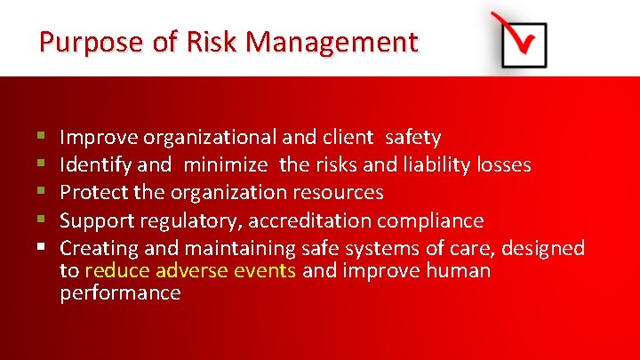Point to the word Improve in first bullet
coord(99,138)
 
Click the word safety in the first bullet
coord(412,138)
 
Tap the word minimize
coord(228,165)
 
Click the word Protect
coord(93,193)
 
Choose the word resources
coord(340,193)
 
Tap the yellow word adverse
coord(193,270)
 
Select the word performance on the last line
coord(120,293)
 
